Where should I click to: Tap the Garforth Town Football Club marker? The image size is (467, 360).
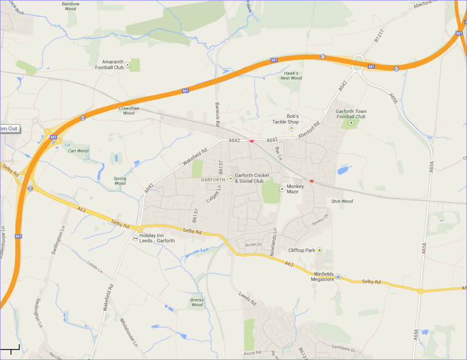tap(351, 123)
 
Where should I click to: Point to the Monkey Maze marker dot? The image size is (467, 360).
tap(282, 189)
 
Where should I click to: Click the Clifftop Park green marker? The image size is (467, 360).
tap(320, 250)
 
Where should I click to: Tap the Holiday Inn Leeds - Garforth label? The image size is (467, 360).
tap(157, 238)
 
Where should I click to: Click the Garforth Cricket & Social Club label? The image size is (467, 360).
tap(249, 178)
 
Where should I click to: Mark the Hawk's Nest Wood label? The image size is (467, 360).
tap(291, 76)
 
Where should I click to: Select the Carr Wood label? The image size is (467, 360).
tap(78, 151)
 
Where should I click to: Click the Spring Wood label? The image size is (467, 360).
tap(120, 181)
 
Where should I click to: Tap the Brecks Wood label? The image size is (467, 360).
tap(197, 302)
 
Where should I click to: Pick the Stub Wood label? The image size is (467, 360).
tap(342, 201)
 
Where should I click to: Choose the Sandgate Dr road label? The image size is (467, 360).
tap(343, 349)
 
